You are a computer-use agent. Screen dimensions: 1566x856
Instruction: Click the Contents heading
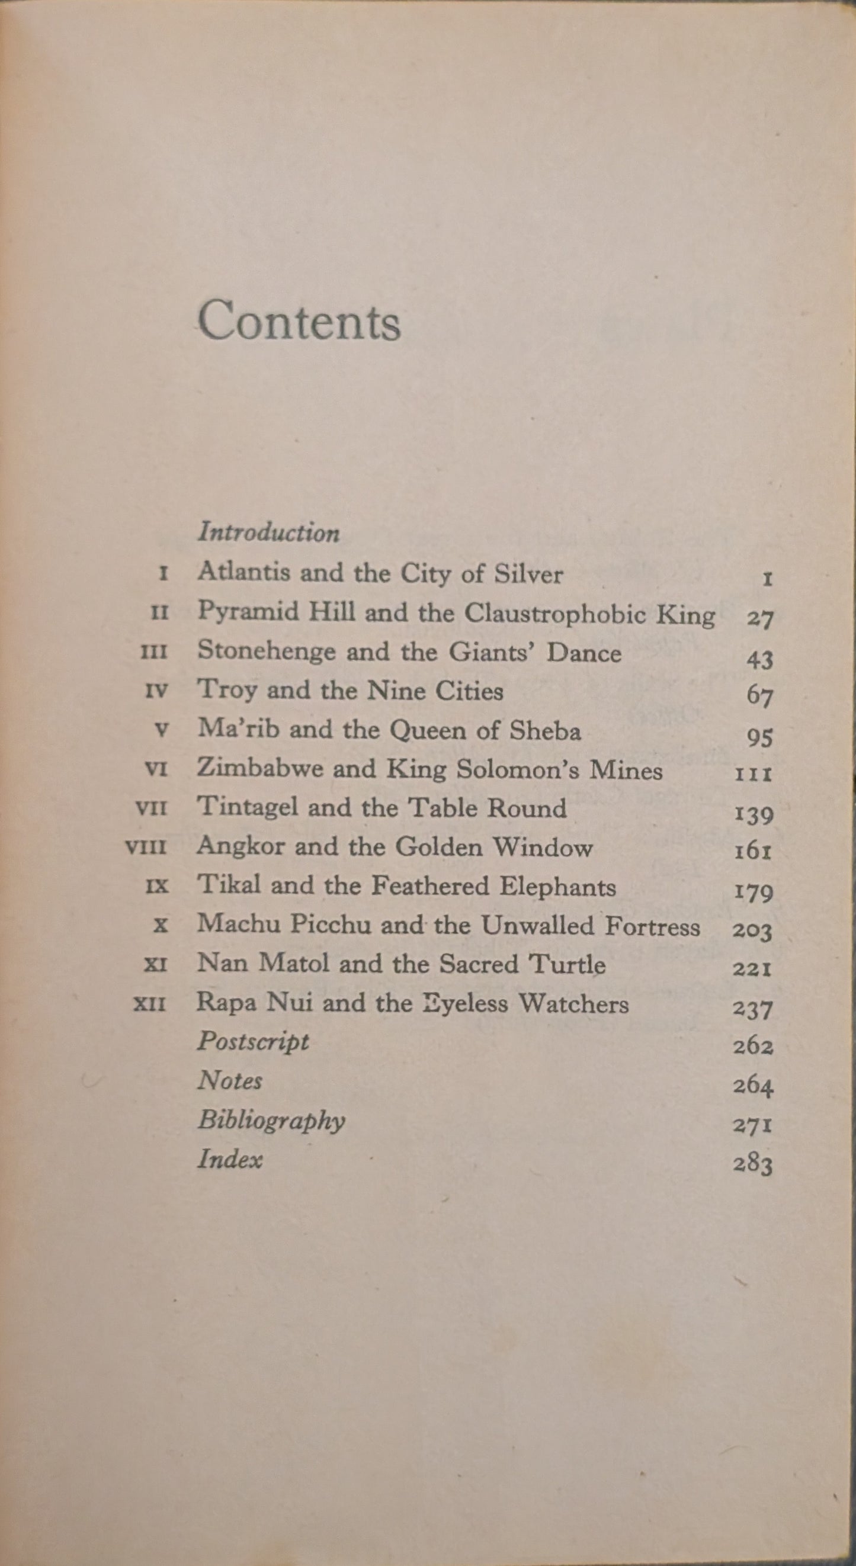tap(299, 321)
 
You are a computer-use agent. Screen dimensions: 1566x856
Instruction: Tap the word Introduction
tap(269, 532)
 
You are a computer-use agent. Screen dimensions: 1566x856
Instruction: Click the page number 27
tap(759, 619)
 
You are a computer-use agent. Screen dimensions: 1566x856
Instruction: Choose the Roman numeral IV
tap(157, 692)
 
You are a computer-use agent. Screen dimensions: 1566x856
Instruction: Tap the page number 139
tap(754, 814)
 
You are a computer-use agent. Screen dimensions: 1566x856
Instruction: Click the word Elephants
tap(557, 887)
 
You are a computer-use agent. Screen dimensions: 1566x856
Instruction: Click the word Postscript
tap(253, 1042)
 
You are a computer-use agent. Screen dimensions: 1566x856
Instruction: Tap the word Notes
tap(230, 1080)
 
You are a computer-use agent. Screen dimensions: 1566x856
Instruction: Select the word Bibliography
tap(271, 1121)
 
